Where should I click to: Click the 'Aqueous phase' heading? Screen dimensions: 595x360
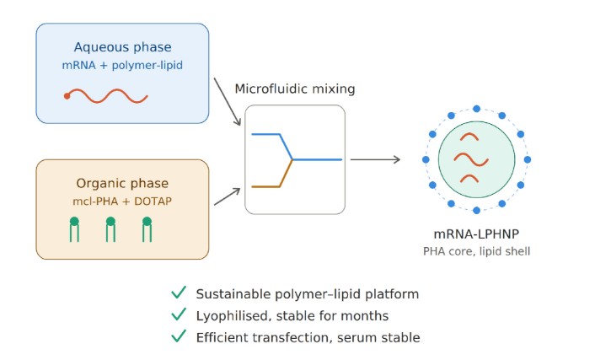[122, 47]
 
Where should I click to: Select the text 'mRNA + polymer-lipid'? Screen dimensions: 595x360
[122, 65]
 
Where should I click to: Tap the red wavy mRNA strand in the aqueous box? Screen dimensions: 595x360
[106, 96]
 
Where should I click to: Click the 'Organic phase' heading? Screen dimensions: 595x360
[122, 184]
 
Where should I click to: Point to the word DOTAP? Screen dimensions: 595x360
[153, 201]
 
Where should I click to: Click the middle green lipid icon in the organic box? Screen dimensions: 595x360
[110, 229]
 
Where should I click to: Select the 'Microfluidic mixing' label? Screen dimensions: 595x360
[295, 89]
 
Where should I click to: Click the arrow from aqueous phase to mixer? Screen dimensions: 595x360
[228, 101]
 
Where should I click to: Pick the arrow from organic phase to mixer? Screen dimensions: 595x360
[228, 196]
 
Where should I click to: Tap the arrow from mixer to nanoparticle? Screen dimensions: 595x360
[375, 159]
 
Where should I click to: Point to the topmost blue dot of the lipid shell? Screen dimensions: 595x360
[477, 109]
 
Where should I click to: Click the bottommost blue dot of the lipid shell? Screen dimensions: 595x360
[477, 211]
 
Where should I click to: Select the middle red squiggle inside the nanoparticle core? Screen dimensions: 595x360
[471, 159]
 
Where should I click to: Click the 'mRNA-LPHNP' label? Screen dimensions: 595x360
[476, 234]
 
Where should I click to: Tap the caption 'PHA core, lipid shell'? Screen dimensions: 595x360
[477, 251]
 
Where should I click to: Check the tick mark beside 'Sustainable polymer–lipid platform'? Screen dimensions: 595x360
[179, 293]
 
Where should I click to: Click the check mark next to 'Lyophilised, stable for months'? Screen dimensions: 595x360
[179, 314]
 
